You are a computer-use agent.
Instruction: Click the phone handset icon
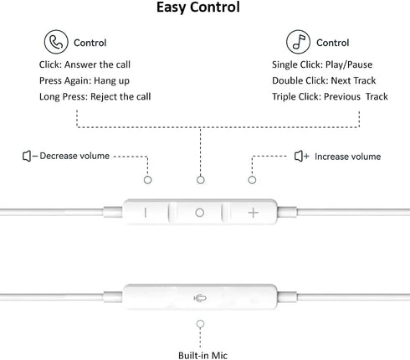(56, 42)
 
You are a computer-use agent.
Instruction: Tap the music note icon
(298, 42)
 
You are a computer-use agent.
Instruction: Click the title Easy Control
(198, 8)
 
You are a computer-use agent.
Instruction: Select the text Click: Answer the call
(85, 64)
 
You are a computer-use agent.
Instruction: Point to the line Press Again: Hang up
(85, 80)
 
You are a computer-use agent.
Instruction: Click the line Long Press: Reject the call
(95, 96)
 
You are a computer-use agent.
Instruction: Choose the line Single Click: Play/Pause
(322, 64)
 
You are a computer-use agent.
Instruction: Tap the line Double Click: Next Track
(324, 80)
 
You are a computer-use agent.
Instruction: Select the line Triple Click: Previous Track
(330, 96)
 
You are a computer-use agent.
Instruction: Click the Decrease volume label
(74, 156)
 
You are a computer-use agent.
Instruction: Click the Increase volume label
(347, 157)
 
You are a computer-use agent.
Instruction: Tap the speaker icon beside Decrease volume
(28, 156)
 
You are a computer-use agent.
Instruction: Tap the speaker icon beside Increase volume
(300, 156)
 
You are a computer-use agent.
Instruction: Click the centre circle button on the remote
(199, 213)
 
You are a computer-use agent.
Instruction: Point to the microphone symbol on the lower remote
(200, 299)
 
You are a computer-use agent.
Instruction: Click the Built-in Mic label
(202, 356)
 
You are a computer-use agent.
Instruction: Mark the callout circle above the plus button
(252, 180)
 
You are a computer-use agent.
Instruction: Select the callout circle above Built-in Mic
(200, 324)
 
